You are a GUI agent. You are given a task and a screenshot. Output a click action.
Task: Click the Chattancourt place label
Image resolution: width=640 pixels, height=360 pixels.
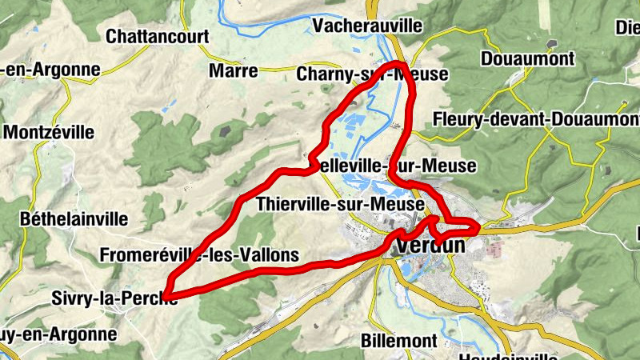pyautogui.click(x=158, y=36)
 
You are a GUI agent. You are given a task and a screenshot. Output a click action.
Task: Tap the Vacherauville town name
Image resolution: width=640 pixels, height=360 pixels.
pyautogui.click(x=368, y=26)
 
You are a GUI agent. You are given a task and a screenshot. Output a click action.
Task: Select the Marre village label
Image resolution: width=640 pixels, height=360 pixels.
pyautogui.click(x=234, y=71)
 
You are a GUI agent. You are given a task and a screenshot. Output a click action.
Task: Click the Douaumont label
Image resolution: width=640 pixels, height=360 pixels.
pyautogui.click(x=527, y=58)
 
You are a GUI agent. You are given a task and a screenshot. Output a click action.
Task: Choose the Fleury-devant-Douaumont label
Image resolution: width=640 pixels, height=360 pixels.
pyautogui.click(x=535, y=119)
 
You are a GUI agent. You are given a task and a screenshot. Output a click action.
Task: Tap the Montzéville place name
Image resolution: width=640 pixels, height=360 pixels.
pyautogui.click(x=49, y=132)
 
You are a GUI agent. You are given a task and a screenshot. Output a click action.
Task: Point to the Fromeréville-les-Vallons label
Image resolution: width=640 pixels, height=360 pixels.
pyautogui.click(x=200, y=255)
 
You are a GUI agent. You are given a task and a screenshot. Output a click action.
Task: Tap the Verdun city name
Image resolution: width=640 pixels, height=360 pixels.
pyautogui.click(x=430, y=245)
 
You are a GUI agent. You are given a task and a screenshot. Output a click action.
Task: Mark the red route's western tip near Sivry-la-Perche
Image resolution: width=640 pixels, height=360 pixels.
pyautogui.click(x=167, y=295)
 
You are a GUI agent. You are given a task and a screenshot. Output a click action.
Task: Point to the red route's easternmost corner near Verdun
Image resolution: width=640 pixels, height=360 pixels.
pyautogui.click(x=478, y=229)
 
